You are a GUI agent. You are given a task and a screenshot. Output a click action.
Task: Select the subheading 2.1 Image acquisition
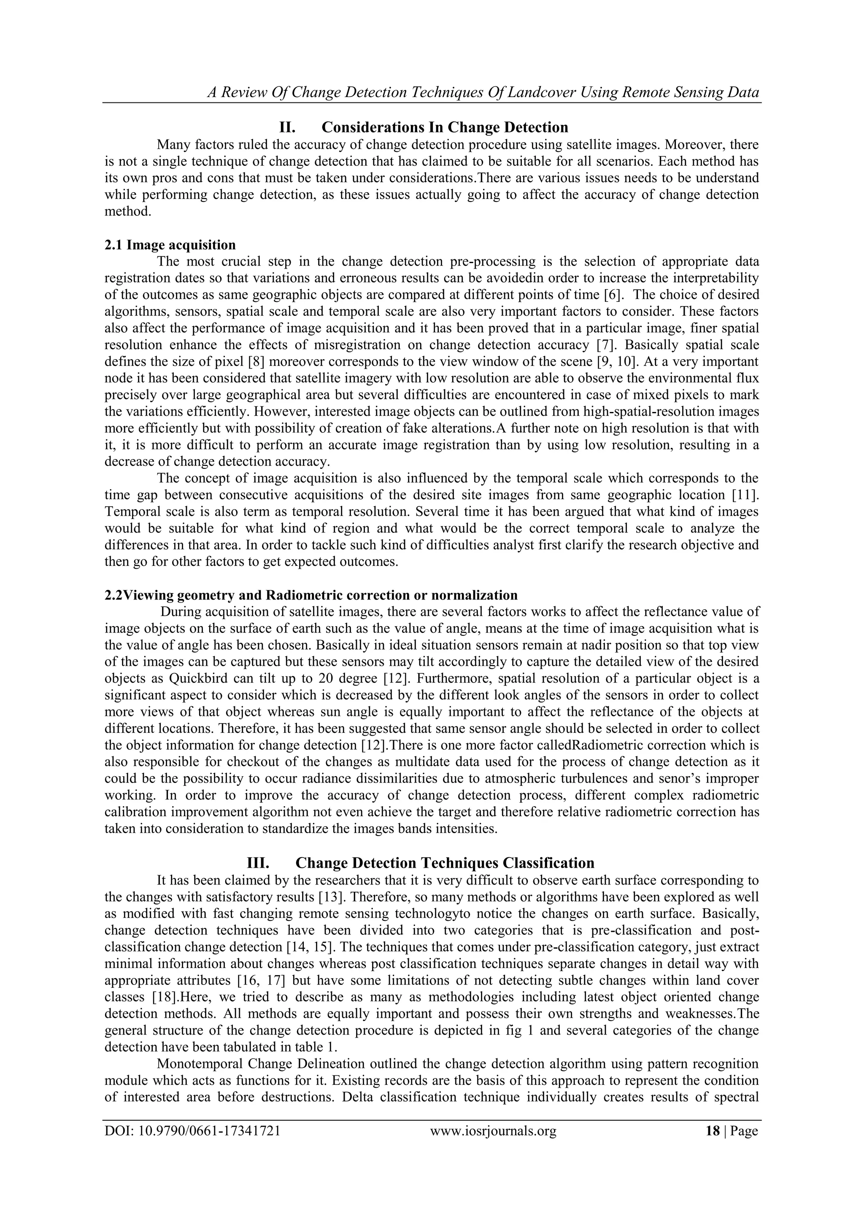coord(170,245)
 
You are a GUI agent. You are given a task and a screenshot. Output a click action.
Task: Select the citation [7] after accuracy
coord(605,345)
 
